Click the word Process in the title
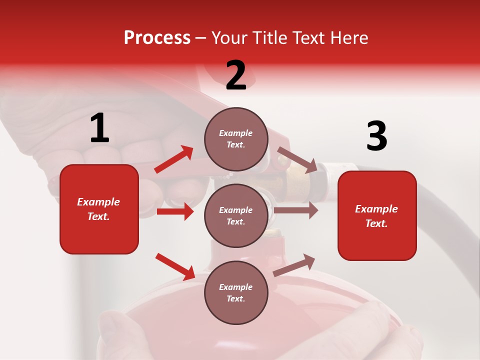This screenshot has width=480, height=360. [157, 38]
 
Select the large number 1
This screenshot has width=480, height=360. [99, 128]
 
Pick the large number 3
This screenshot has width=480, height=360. [376, 136]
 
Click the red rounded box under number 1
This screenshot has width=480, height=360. [99, 209]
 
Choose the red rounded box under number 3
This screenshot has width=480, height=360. [377, 215]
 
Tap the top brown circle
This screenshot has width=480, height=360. [236, 139]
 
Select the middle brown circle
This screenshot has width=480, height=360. [236, 215]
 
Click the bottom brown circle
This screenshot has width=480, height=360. [236, 292]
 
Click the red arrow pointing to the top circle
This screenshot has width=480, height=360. [174, 159]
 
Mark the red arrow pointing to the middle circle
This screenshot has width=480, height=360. [175, 211]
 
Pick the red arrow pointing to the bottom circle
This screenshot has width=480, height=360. [175, 266]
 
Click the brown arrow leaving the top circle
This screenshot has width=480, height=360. [297, 159]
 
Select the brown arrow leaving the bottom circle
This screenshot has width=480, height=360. [294, 265]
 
